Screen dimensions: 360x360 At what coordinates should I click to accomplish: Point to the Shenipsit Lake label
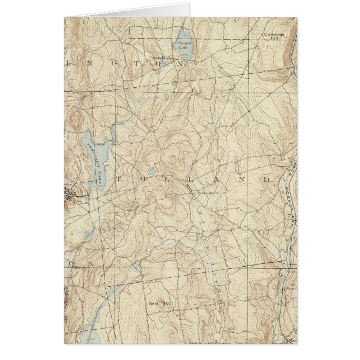tap(93, 162)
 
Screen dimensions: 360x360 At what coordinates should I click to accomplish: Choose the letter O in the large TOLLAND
tap(142, 179)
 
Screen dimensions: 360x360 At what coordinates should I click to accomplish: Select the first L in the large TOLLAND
tap(166, 179)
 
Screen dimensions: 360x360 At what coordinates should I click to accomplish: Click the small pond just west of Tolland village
tap(151, 172)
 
